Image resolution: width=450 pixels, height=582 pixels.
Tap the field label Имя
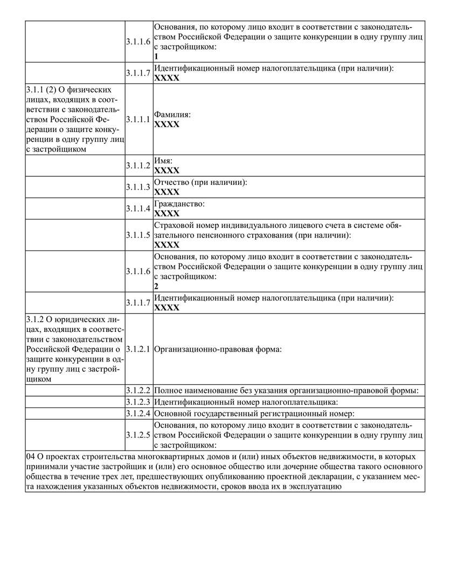coord(162,161)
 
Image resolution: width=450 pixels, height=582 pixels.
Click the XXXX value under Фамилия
coord(167,124)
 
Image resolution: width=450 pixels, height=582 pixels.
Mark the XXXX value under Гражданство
coord(167,213)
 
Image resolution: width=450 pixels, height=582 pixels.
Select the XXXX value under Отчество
coord(167,191)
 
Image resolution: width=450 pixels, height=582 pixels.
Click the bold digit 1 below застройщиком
coord(156,56)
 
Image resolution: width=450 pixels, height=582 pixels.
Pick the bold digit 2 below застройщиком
coord(156,286)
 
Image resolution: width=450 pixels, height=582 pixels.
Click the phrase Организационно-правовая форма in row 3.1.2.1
coord(217,349)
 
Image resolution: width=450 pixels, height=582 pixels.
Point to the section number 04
coord(31,456)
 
